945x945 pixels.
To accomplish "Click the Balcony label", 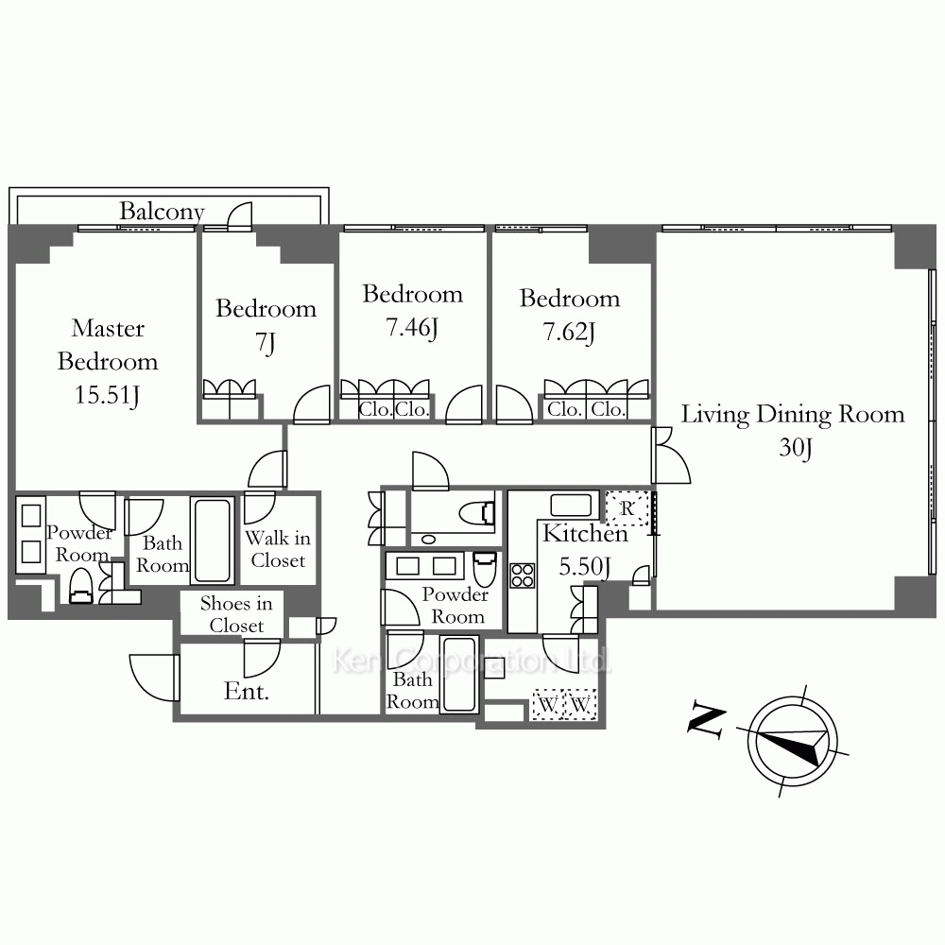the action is point(162,211).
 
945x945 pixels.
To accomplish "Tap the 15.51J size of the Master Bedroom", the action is point(108,395).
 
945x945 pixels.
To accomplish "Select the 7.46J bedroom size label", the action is point(412,327).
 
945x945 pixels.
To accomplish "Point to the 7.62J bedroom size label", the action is point(569,332).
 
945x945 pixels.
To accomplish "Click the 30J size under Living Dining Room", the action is point(796,448).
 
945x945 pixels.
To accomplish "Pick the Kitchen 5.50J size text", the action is point(585,566).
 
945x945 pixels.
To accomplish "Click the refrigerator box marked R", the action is point(627,508).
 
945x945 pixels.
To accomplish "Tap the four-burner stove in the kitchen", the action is point(522,575).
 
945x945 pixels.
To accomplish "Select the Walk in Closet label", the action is point(278,549).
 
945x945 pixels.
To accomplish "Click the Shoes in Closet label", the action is point(236,614).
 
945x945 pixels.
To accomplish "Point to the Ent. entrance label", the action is point(246,692).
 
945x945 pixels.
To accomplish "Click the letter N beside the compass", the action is point(706,719).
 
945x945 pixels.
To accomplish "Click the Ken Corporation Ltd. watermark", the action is point(472,661).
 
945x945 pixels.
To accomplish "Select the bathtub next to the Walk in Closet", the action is point(212,541).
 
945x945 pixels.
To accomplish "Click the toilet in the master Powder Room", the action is point(80,587).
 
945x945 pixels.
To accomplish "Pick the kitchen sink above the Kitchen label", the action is point(571,505).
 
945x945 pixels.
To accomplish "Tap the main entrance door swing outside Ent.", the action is point(154,678).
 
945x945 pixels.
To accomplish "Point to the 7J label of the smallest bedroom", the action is point(266,342).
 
